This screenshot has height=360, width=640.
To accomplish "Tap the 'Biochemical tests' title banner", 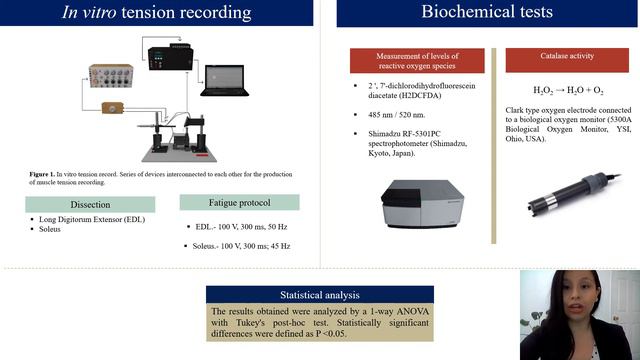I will (486, 13).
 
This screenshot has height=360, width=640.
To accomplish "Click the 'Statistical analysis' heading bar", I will (320, 296).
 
